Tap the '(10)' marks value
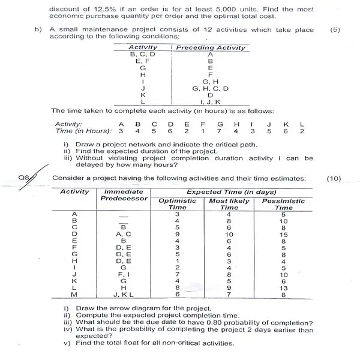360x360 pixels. pos(335,178)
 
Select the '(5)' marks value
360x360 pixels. pos(335,29)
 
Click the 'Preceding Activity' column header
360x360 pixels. pos(211,48)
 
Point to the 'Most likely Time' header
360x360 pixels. pos(231,204)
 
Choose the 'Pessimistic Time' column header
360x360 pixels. pos(283,204)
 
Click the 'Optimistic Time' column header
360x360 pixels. pos(177,204)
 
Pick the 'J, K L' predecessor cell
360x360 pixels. pos(123,294)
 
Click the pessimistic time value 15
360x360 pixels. pos(283,234)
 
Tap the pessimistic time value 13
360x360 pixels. pos(283,287)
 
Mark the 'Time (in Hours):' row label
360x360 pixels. pos(80,130)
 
